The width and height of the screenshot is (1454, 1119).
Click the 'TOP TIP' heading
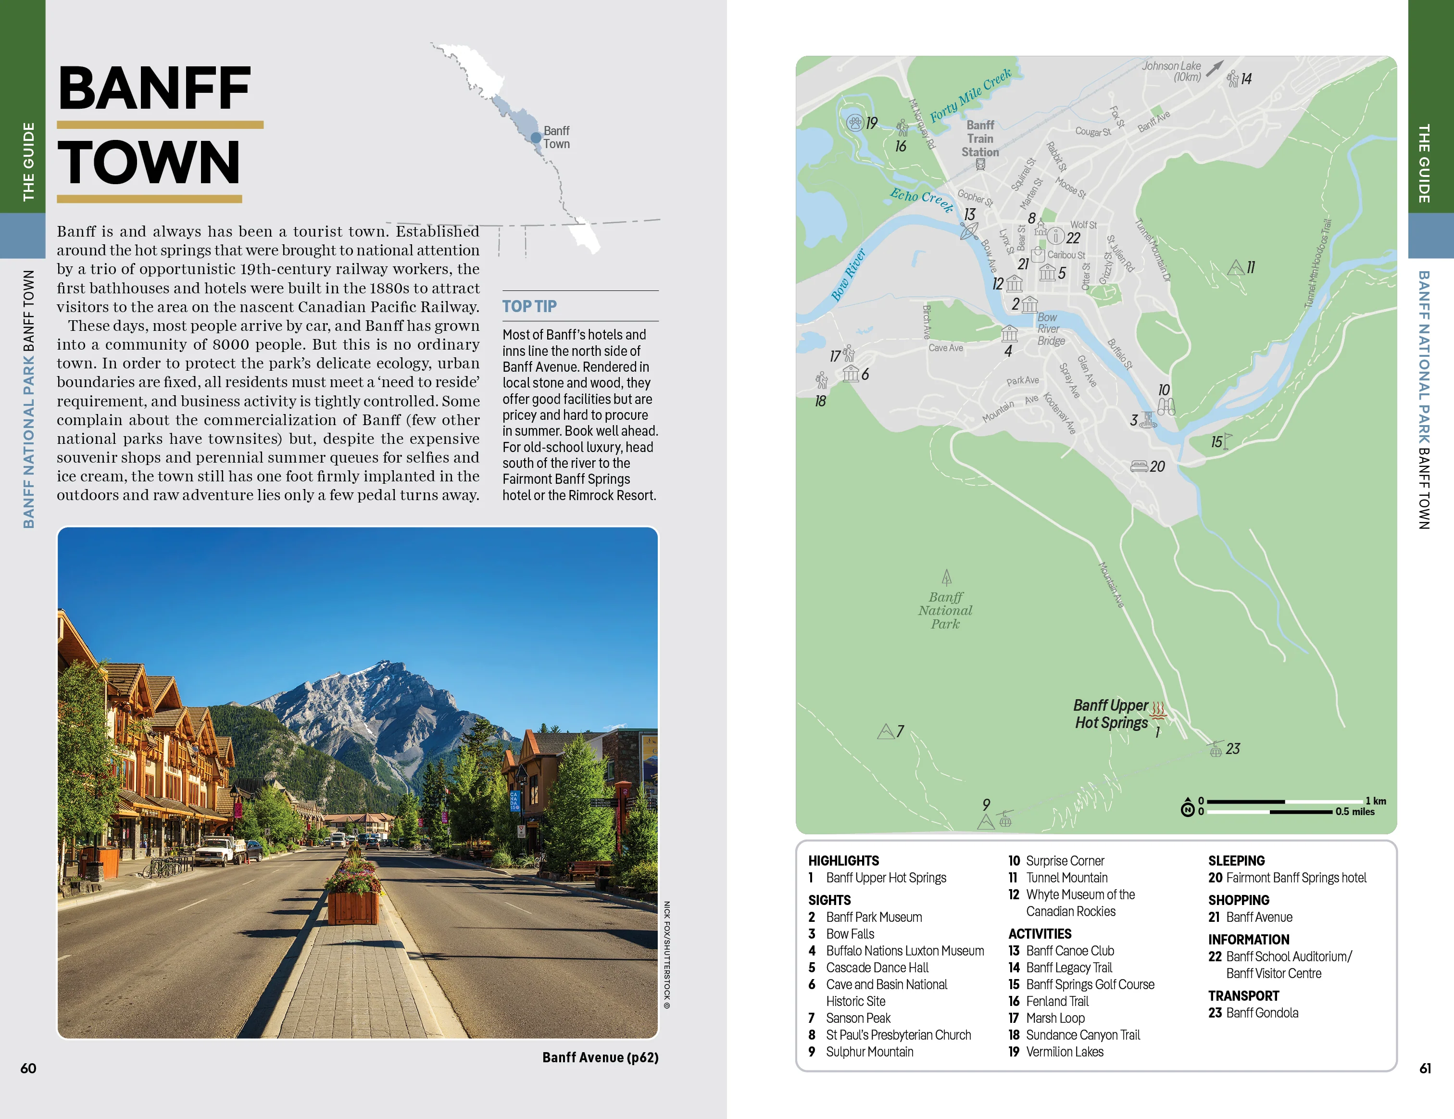[529, 306]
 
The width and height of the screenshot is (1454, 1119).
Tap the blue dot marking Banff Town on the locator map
[536, 138]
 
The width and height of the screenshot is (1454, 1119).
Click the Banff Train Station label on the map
[980, 138]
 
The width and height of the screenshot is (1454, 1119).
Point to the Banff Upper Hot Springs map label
[1111, 714]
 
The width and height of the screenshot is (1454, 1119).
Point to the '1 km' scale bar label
[1376, 801]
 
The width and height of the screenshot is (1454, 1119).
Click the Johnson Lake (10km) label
[1172, 71]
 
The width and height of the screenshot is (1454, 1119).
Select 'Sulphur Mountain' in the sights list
[869, 1052]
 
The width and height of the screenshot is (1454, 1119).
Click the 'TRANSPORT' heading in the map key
[1243, 996]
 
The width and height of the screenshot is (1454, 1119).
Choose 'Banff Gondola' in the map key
[1262, 1013]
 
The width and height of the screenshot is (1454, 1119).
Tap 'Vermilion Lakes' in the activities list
[1064, 1052]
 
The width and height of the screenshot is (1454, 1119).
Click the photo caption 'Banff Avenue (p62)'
[600, 1057]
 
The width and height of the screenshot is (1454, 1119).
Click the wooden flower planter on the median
[353, 905]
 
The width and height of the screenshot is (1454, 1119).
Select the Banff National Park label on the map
[945, 610]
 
